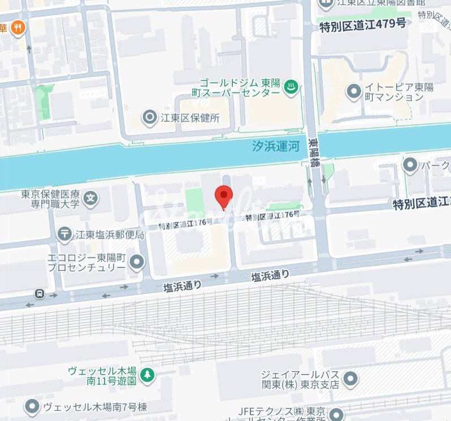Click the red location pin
[x=224, y=196]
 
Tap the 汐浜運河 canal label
[x=275, y=147]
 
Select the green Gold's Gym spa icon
[x=290, y=87]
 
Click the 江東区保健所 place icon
[x=150, y=118]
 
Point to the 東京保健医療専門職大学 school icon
[x=90, y=198]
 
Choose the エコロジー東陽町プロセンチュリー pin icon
[x=136, y=262]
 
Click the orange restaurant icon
[x=19, y=27]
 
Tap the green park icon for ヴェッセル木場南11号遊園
[x=147, y=374]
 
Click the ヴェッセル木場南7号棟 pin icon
[x=32, y=406]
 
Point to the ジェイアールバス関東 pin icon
[x=350, y=379]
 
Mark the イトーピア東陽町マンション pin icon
[x=354, y=90]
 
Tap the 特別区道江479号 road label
[x=362, y=24]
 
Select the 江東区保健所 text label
[x=189, y=118]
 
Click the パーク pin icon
[x=410, y=164]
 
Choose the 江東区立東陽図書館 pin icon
[x=326, y=3]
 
